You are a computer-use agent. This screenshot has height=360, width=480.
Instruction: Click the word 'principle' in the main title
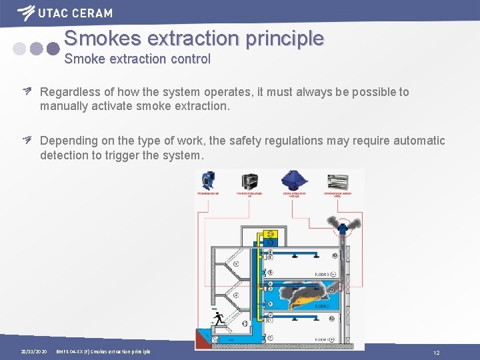click(285, 38)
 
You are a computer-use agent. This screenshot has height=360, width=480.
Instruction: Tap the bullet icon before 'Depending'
click(27, 140)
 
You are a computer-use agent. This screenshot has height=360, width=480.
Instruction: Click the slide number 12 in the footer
click(436, 351)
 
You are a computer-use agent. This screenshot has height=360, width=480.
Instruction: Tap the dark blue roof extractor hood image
click(295, 181)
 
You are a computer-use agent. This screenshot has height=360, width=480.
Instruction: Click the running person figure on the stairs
click(219, 319)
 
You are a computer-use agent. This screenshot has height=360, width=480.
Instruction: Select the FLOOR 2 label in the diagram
click(322, 306)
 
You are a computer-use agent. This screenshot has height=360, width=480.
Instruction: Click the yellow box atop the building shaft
click(271, 234)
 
